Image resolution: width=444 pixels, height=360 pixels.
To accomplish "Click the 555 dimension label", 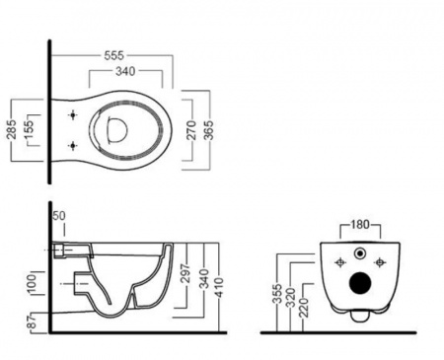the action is [x=114, y=55].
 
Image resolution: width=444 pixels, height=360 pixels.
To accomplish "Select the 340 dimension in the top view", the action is [x=125, y=71].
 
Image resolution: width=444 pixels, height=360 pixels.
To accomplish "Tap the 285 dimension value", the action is [x=12, y=129].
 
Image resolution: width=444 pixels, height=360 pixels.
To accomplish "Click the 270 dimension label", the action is [x=191, y=130].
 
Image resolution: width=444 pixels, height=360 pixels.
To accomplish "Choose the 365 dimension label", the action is [x=208, y=130].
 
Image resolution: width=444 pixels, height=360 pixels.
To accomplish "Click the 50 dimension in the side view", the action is [x=59, y=216].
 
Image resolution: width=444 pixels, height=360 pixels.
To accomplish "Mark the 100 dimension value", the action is [x=32, y=283].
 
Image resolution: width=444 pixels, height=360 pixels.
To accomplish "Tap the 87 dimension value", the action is [x=32, y=321].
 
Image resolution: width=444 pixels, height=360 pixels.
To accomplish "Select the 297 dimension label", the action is [x=186, y=273].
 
